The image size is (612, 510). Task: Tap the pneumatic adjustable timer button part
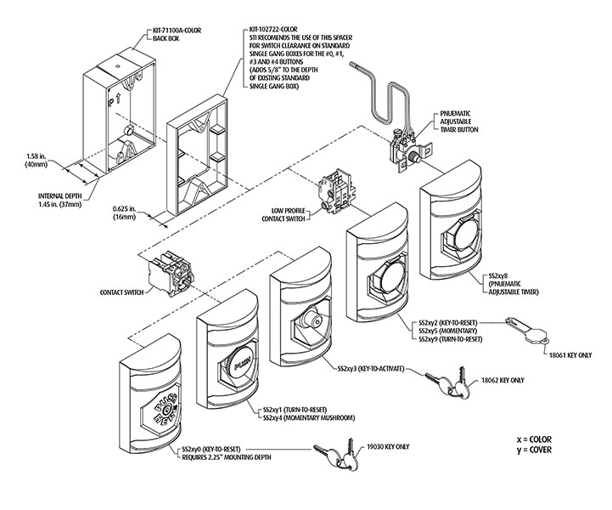(405, 144)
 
